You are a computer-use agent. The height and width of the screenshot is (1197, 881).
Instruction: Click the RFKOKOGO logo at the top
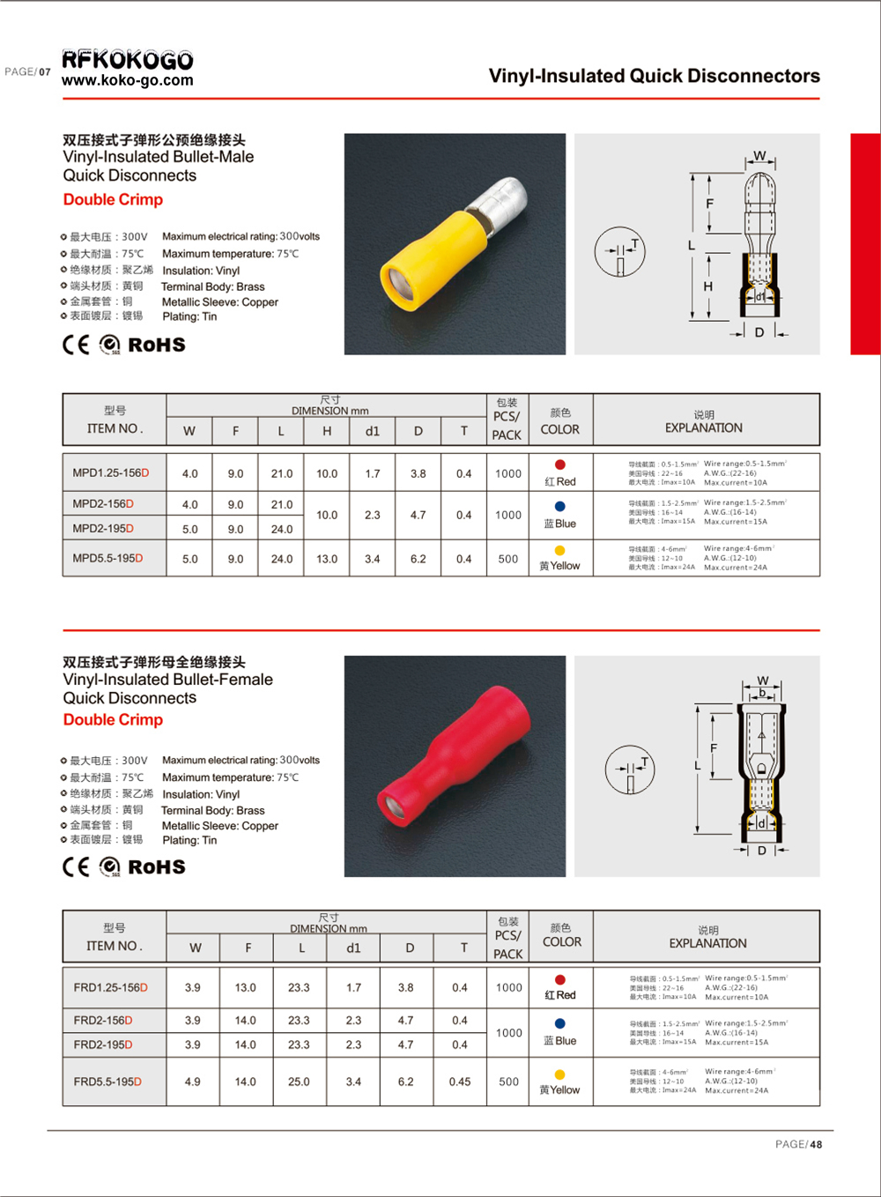[128, 59]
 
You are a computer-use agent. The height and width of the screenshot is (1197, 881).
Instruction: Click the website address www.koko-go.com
[128, 80]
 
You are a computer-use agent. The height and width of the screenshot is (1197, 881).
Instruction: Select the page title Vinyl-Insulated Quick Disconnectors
[654, 76]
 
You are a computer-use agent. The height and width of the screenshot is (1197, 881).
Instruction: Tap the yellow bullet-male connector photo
[455, 244]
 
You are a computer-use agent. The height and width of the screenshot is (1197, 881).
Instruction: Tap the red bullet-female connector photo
[455, 766]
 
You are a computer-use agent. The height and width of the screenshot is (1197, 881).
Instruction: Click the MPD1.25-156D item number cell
[111, 473]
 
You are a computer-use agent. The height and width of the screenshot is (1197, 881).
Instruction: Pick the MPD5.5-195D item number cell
[107, 559]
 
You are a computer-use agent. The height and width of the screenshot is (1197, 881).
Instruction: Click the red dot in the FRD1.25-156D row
[560, 980]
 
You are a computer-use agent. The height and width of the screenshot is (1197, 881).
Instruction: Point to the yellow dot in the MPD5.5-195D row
[560, 551]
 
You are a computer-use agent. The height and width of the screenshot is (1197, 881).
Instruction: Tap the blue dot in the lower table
[560, 1024]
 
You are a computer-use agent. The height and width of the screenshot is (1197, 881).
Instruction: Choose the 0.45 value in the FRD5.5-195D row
[460, 1082]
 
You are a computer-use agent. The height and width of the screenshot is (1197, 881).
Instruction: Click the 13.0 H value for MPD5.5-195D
[327, 559]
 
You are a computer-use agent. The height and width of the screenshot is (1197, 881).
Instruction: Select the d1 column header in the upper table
[373, 431]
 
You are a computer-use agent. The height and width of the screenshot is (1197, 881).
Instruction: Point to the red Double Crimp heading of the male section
[113, 199]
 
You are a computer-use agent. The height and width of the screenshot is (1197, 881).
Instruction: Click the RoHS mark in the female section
[157, 867]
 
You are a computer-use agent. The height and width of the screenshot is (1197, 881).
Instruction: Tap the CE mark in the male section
[76, 345]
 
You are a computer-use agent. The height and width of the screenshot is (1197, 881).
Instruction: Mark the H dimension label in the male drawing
[707, 286]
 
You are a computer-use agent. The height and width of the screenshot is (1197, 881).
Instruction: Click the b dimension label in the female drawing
[763, 694]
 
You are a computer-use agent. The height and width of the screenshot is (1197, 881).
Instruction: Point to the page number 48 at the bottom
[816, 1144]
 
